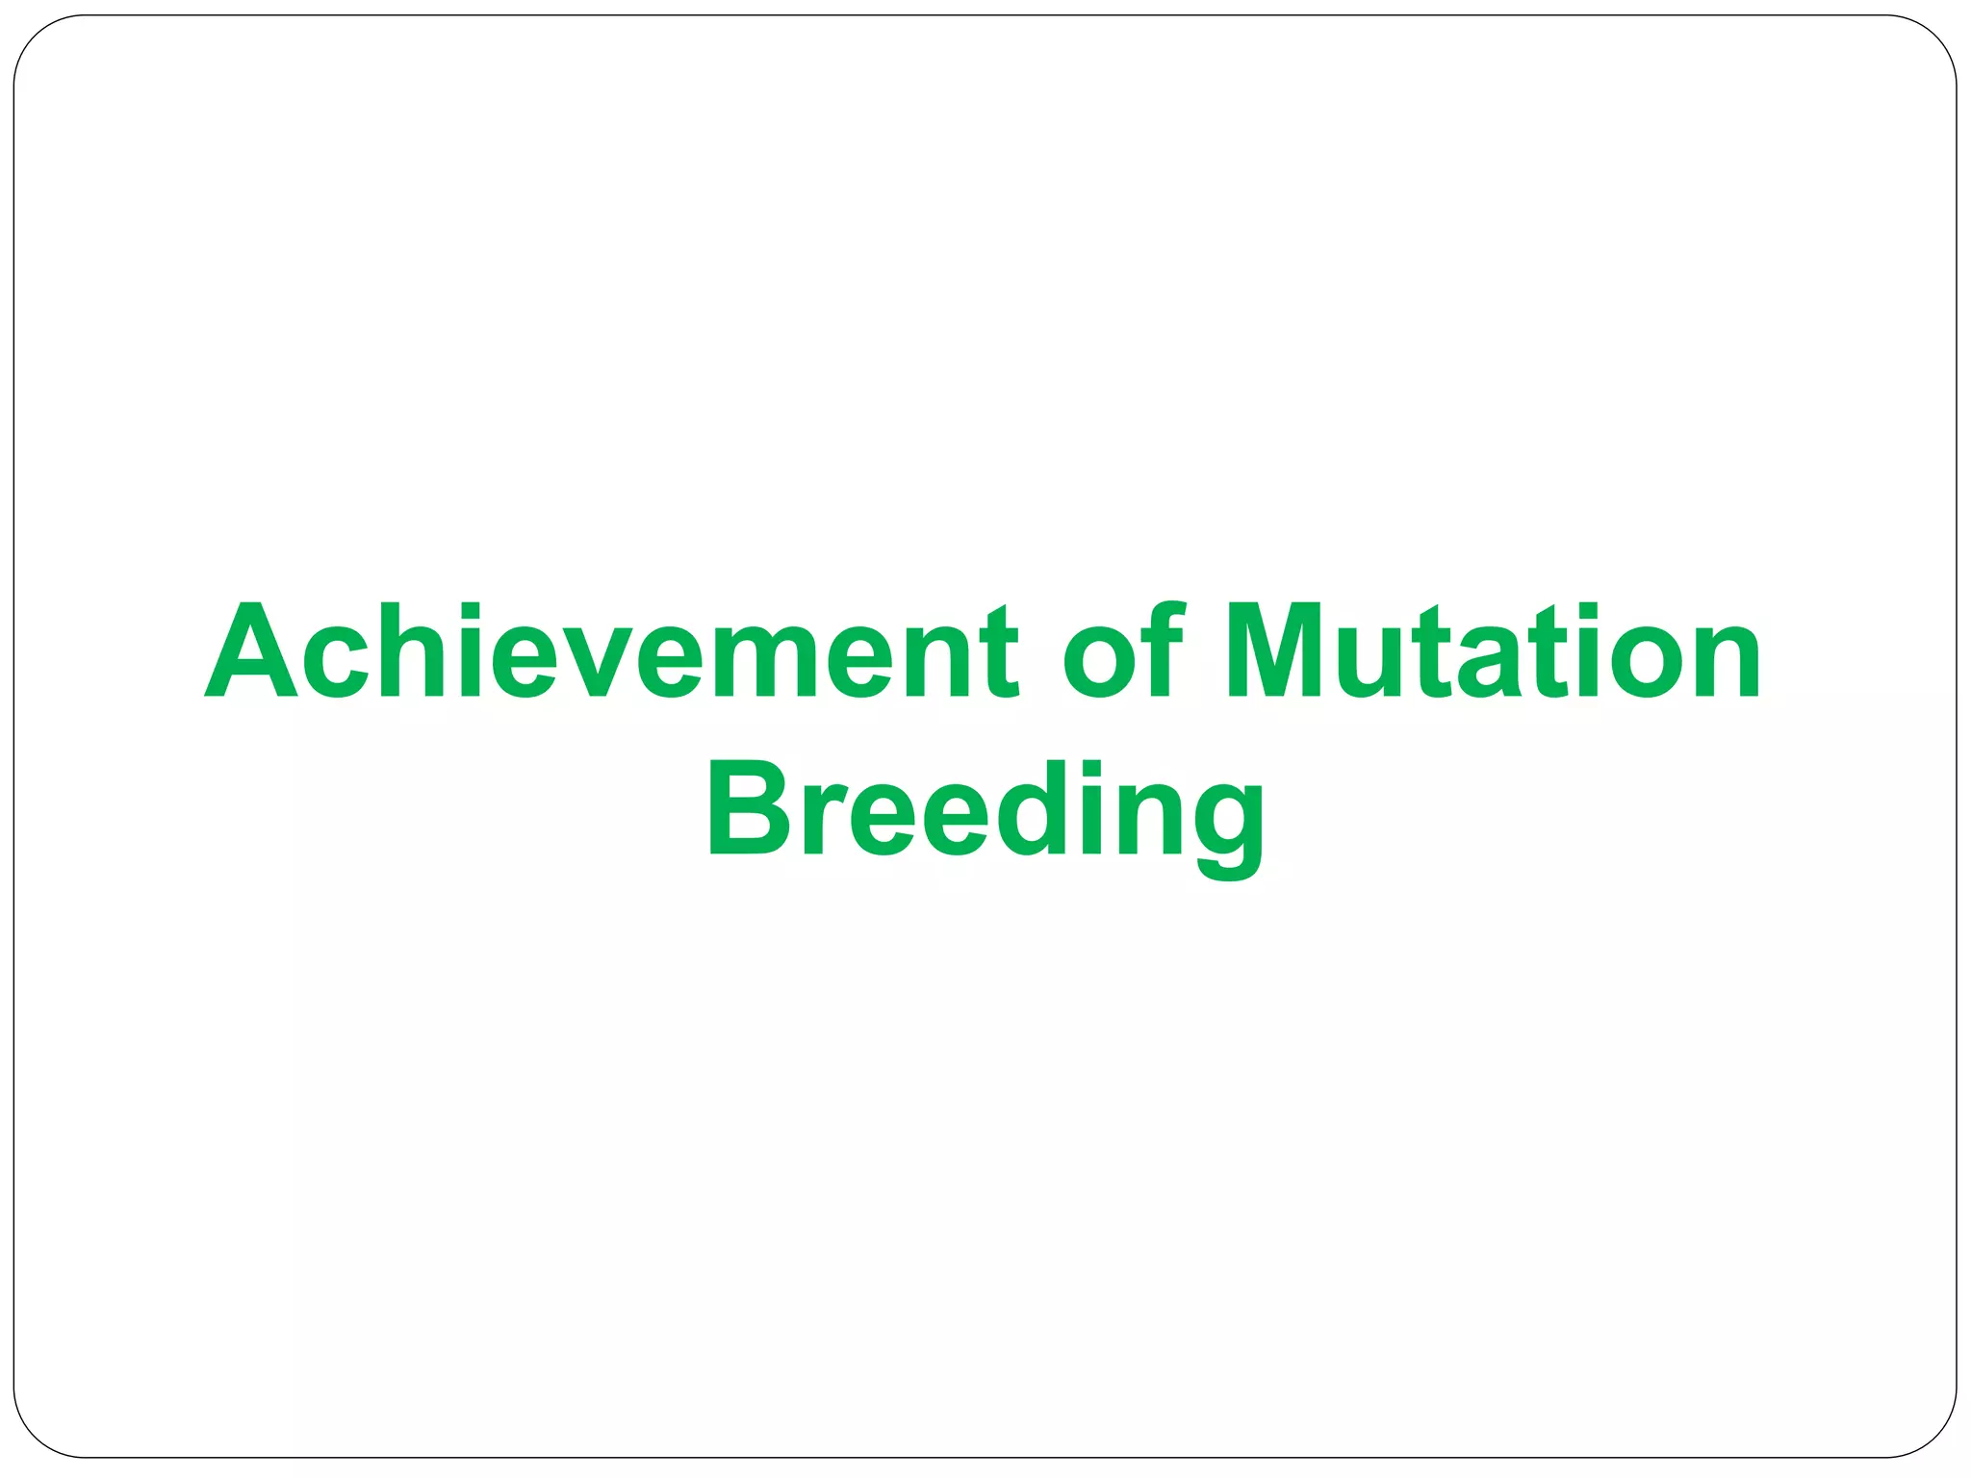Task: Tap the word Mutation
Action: (x=1493, y=651)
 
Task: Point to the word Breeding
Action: (x=985, y=809)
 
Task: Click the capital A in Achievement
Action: (x=251, y=651)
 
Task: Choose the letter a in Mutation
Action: (x=1490, y=664)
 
